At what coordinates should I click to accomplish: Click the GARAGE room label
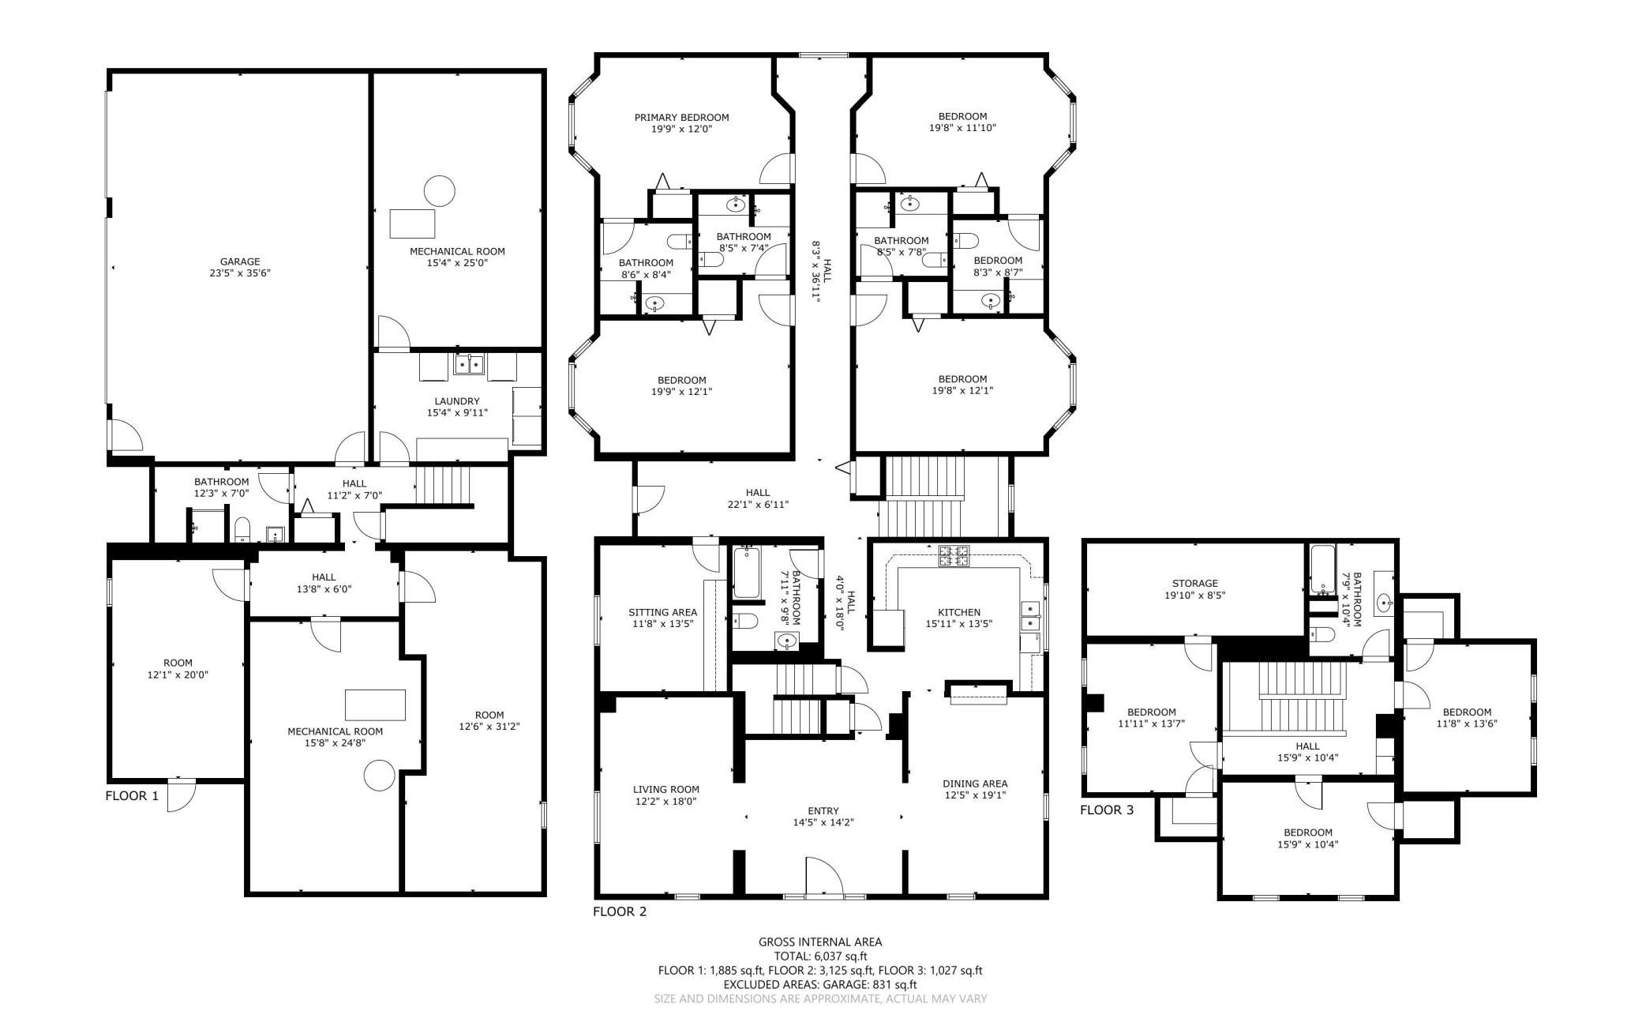tap(240, 261)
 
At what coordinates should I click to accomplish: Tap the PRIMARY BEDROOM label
tap(682, 118)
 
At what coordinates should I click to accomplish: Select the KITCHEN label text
tap(959, 612)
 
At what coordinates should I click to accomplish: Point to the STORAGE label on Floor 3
tap(1195, 584)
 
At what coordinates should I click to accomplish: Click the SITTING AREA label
tap(662, 612)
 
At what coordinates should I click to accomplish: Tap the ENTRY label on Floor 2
tap(823, 810)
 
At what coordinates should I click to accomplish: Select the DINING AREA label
tap(975, 784)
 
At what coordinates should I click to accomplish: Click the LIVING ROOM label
tap(666, 789)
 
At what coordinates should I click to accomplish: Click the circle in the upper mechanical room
tap(440, 190)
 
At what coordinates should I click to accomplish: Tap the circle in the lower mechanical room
tap(380, 775)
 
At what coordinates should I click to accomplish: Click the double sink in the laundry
tap(469, 365)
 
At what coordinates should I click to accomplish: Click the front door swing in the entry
tap(825, 875)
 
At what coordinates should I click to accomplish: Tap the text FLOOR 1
tap(132, 796)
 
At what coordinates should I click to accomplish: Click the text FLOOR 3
tap(1107, 810)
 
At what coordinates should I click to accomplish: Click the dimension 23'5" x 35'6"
tap(240, 273)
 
